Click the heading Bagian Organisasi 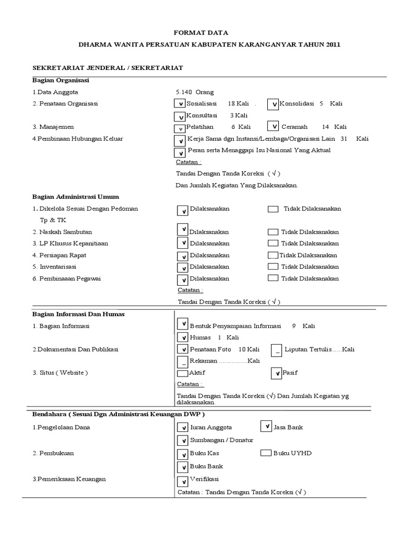coord(61,80)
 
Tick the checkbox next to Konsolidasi coord(273,104)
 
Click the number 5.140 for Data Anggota coord(186,92)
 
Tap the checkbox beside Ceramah coord(273,126)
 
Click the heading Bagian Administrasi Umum coord(76,197)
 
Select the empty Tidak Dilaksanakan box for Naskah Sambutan coord(273,232)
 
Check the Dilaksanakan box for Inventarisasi coord(182,267)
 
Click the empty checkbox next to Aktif coord(182,373)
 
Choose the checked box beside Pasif coord(276,373)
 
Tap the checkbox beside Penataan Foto coord(182,349)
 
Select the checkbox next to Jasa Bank coord(266,427)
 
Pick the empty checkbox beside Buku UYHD coord(266,453)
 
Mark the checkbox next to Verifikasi coord(182,480)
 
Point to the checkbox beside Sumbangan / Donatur coord(182,440)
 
